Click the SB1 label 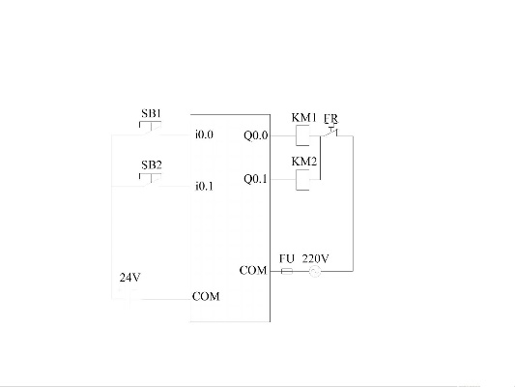[152, 113]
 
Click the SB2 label [152, 164]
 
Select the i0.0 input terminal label [204, 134]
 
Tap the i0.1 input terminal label [204, 187]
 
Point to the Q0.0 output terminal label [255, 135]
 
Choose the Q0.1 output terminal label [255, 179]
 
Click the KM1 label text [303, 118]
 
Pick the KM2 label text [304, 162]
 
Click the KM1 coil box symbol [302, 135]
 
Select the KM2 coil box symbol [302, 180]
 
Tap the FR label [330, 118]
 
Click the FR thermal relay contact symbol [329, 132]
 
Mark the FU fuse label [287, 258]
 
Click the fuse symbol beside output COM [287, 271]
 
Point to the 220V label [315, 258]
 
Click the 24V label [130, 278]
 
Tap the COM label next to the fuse [253, 271]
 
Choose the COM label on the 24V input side [206, 297]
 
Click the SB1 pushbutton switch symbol [151, 129]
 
